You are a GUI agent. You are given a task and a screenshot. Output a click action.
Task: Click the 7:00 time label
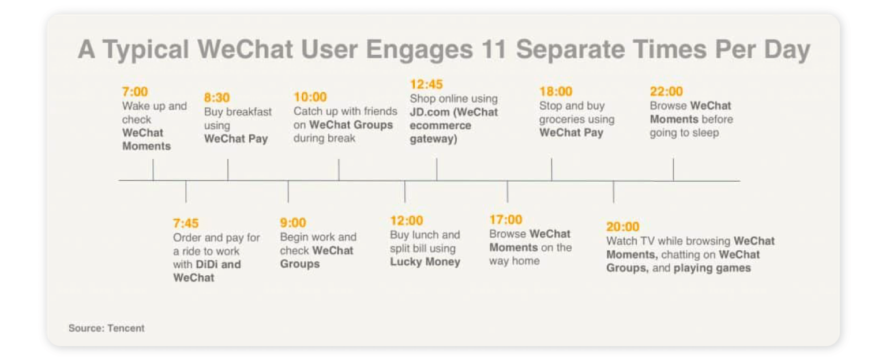tap(134, 92)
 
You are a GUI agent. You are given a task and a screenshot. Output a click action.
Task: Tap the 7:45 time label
tap(186, 223)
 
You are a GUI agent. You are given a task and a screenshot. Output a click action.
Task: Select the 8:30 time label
tap(217, 97)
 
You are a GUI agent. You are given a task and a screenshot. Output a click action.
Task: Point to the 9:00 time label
tap(293, 223)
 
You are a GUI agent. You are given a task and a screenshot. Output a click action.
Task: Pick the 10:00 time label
tap(310, 97)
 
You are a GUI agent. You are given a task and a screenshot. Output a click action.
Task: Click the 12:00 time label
tap(406, 220)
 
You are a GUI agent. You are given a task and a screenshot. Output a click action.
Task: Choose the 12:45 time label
tap(426, 85)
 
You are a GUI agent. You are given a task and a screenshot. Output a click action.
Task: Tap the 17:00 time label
tap(505, 220)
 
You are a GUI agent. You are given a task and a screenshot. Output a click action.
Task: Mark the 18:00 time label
tap(555, 92)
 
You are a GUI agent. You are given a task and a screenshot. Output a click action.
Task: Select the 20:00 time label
tap(622, 227)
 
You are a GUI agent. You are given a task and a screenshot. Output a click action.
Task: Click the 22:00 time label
tap(666, 92)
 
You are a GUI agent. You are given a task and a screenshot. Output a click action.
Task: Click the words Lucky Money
tap(425, 262)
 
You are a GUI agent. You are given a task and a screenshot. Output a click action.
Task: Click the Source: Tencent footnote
tap(106, 328)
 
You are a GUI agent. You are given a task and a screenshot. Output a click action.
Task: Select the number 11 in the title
tap(494, 50)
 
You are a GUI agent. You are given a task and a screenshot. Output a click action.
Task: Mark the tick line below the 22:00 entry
tap(673, 170)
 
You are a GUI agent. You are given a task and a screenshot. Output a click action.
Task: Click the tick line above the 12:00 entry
tap(405, 192)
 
